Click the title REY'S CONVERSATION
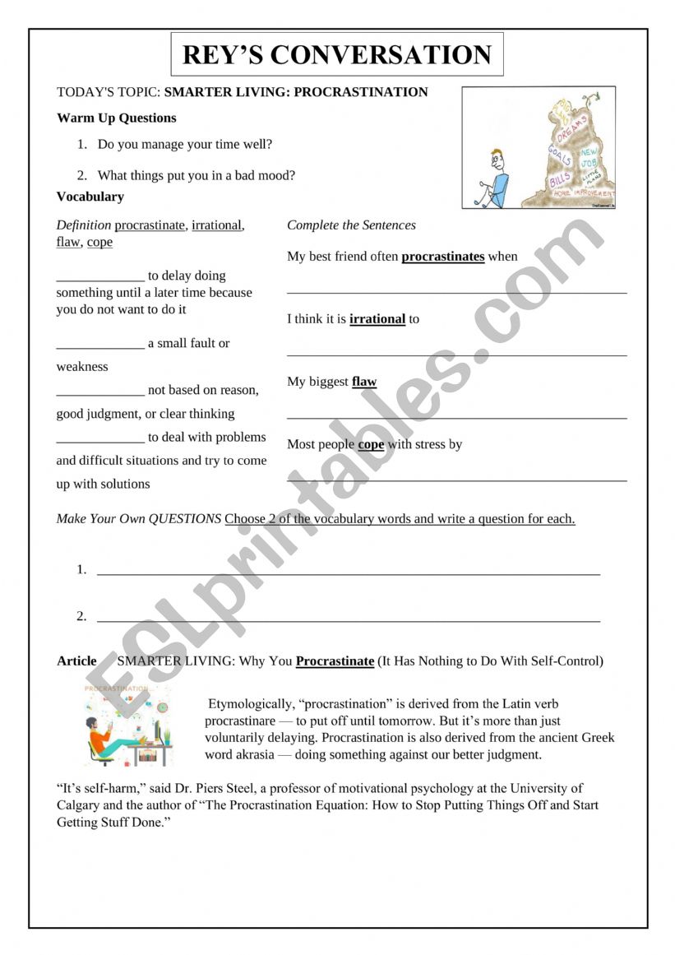pos(336,54)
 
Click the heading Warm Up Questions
pos(116,118)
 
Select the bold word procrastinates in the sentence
pos(442,256)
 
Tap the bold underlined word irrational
pos(377,318)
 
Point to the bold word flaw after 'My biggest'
pos(364,381)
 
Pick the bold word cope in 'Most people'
pos(371,444)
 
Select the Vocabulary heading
pos(90,197)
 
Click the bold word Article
pos(76,661)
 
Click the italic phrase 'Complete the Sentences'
pos(351,225)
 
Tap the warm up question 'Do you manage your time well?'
pos(184,144)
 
